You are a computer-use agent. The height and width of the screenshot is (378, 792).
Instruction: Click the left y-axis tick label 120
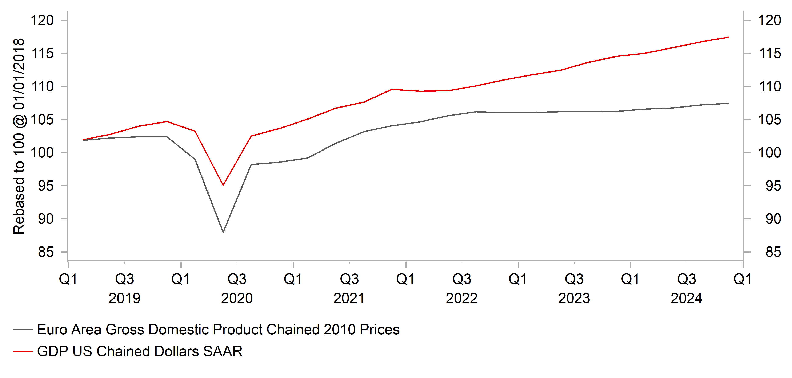42,20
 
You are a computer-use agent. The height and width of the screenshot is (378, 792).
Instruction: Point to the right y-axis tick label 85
773,252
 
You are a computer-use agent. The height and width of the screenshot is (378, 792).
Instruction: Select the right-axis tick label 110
769,86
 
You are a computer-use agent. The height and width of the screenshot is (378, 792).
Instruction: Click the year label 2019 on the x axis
124,298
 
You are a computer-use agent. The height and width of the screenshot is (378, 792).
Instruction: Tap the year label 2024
686,298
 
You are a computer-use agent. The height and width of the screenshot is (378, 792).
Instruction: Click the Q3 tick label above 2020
237,279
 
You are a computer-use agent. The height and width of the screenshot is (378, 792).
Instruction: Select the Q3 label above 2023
574,279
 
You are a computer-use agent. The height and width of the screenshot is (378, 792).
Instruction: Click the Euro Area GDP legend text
218,329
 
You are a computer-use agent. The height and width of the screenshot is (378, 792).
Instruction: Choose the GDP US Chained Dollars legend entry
140,351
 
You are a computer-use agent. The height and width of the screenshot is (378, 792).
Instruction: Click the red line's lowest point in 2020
223,185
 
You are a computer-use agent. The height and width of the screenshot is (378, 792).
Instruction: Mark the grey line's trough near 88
223,232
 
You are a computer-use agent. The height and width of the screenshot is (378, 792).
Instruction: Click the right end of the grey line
729,103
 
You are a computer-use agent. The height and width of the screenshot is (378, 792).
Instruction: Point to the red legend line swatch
23,351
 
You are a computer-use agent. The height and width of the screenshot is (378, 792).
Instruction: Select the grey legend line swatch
23,329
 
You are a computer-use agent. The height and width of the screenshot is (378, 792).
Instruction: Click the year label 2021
349,298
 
